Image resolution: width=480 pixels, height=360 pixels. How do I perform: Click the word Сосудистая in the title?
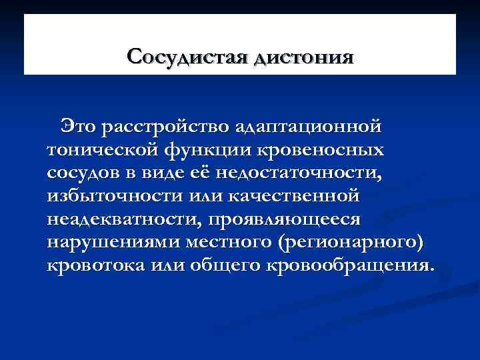(188, 55)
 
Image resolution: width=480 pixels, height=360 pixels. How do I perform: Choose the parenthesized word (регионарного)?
(347, 243)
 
